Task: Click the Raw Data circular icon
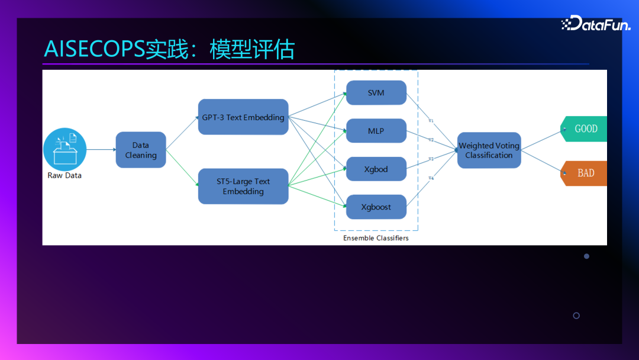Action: (65, 149)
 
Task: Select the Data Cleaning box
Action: (141, 150)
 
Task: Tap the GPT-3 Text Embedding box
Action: (243, 117)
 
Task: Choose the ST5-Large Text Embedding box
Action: (243, 187)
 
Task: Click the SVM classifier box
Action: (376, 93)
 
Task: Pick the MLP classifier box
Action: (376, 131)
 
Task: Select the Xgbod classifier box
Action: (376, 169)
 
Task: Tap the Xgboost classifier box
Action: (376, 207)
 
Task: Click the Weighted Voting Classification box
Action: (489, 150)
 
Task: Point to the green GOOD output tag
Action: (585, 128)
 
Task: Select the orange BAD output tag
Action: (585, 173)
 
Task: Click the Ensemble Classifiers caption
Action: (376, 238)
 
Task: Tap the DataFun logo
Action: (596, 24)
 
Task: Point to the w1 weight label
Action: (431, 121)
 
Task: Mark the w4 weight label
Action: (431, 178)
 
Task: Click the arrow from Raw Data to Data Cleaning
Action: (101, 150)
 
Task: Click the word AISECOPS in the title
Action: (94, 50)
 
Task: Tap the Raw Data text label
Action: (64, 176)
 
